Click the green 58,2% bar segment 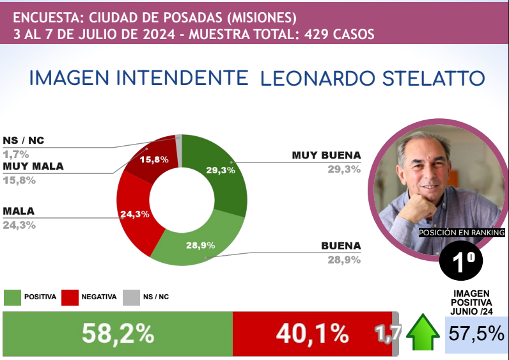(x=118, y=333)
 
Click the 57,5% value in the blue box (x=476, y=333)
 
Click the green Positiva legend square (x=12, y=297)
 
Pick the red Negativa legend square (x=70, y=297)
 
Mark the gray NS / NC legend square (x=130, y=297)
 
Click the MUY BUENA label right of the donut (x=326, y=155)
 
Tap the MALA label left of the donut (x=19, y=211)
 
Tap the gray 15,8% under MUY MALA (x=19, y=180)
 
